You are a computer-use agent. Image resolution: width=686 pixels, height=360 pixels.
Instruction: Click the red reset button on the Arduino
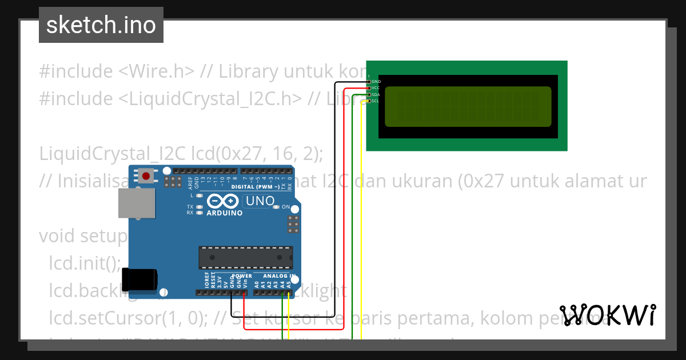(147, 176)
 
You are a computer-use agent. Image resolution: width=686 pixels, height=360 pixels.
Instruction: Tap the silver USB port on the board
(136, 203)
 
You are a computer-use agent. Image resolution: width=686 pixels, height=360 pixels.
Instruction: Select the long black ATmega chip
(245, 258)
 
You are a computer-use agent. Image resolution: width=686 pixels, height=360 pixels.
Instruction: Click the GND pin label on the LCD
(376, 82)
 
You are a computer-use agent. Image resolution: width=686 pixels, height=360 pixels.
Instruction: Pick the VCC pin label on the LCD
(376, 88)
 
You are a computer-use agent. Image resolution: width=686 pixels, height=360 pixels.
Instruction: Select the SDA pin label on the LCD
(376, 95)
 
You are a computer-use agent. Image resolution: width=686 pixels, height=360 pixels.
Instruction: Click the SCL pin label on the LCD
(376, 101)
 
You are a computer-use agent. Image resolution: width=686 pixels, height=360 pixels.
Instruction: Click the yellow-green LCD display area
(468, 106)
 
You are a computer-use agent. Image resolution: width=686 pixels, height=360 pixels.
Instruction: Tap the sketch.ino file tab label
(101, 25)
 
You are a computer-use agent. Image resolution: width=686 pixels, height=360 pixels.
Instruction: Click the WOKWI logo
(607, 315)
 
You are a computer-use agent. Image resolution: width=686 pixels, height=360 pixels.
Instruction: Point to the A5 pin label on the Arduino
(289, 283)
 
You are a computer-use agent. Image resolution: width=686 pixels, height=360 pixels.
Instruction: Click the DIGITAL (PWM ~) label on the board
(256, 187)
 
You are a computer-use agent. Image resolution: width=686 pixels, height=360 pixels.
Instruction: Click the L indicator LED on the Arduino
(199, 195)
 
